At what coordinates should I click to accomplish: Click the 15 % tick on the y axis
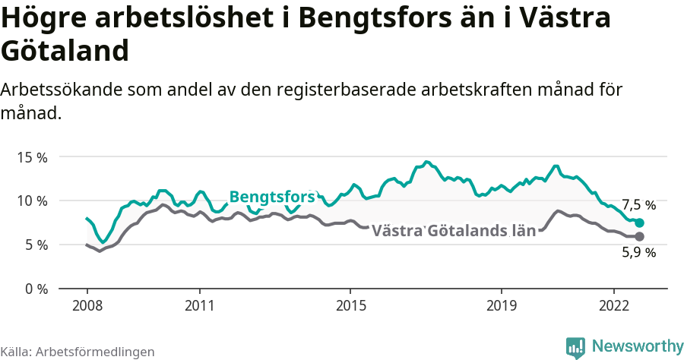[32, 157]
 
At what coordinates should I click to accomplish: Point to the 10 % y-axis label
[32, 201]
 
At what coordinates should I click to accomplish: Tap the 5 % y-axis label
[35, 245]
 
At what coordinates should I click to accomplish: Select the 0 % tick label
[35, 289]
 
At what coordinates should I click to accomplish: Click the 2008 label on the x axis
[87, 305]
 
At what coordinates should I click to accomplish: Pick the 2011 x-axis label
[199, 305]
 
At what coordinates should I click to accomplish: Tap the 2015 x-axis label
[350, 305]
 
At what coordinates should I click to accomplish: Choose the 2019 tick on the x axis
[501, 305]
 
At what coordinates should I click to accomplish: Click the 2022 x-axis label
[613, 305]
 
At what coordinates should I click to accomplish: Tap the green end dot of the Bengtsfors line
[640, 223]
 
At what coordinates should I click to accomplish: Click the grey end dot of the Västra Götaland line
[640, 237]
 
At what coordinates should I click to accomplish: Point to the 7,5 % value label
[638, 205]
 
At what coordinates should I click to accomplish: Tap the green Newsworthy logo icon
[575, 347]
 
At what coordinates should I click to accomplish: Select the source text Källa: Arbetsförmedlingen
[78, 352]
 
